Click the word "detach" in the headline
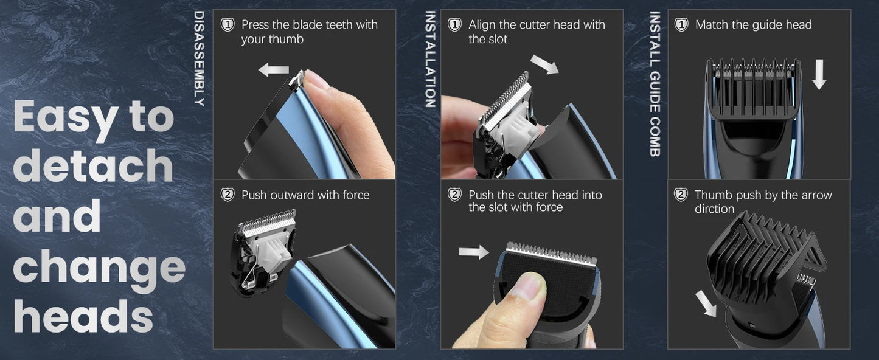tap(92, 166)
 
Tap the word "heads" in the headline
tap(83, 316)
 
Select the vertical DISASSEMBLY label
tap(199, 58)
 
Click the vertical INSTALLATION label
tap(430, 59)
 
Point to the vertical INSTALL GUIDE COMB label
tap(655, 84)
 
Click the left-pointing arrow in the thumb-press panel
tap(273, 71)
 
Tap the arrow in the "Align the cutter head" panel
tap(544, 64)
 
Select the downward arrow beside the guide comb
tap(819, 74)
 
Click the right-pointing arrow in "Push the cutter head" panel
tap(473, 252)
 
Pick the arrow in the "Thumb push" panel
tap(706, 303)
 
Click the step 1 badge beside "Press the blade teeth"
tap(228, 25)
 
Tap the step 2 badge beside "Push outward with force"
tap(228, 195)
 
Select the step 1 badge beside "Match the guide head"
tap(681, 25)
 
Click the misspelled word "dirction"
tap(714, 209)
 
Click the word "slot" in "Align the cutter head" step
tap(497, 40)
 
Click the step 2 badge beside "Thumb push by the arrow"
tap(681, 195)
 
